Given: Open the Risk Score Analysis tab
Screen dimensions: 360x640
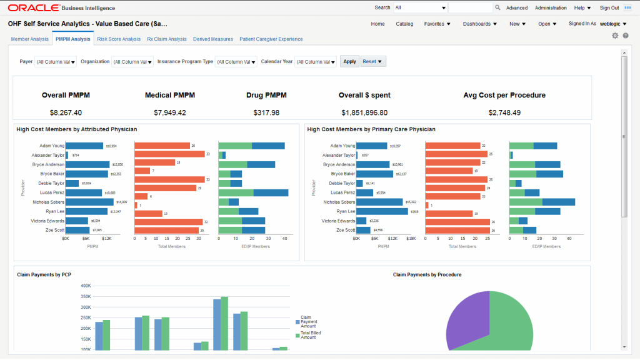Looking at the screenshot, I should (x=119, y=39).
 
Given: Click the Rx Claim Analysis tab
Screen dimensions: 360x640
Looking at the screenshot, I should (x=167, y=39).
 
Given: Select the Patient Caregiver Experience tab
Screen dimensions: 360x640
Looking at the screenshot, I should (x=271, y=39).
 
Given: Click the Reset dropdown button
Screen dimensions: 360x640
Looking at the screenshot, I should (x=372, y=61).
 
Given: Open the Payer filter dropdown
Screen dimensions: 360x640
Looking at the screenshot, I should (x=56, y=62).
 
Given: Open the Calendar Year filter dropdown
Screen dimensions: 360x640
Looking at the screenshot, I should (x=316, y=62).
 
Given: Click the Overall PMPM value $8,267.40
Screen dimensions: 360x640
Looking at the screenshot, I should (x=66, y=112).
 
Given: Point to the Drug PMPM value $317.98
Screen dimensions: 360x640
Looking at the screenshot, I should (x=266, y=112).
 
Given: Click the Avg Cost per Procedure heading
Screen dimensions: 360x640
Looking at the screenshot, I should (x=504, y=95).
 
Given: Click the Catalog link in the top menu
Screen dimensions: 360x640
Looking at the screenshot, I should (x=404, y=24).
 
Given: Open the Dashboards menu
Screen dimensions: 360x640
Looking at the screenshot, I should (x=479, y=24).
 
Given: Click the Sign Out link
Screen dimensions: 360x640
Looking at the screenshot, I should (x=609, y=8).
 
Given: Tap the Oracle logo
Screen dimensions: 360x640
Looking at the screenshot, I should (x=34, y=8).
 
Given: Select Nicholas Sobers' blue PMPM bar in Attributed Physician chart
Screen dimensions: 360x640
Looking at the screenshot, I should (x=89, y=202).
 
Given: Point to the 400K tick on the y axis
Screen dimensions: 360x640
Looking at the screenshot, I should (x=86, y=285).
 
